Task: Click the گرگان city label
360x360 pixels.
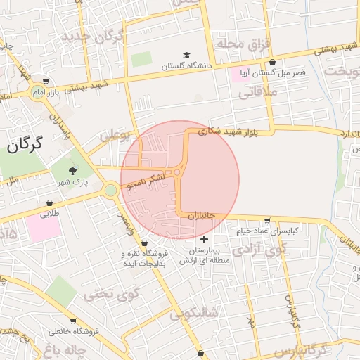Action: [25, 145]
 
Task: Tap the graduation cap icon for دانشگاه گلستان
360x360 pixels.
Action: [186, 55]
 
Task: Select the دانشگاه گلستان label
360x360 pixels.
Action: [186, 66]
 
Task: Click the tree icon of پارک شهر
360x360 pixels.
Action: [72, 170]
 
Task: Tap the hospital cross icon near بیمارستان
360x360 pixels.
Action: [205, 240]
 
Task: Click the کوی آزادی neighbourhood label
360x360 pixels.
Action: [259, 249]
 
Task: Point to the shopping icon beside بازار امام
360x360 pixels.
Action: [46, 80]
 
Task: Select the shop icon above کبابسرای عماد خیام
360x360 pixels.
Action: [266, 220]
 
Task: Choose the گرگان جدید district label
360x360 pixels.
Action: [94, 35]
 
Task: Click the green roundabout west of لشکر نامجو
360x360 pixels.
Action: [110, 190]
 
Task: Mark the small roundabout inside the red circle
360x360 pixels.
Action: [177, 172]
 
